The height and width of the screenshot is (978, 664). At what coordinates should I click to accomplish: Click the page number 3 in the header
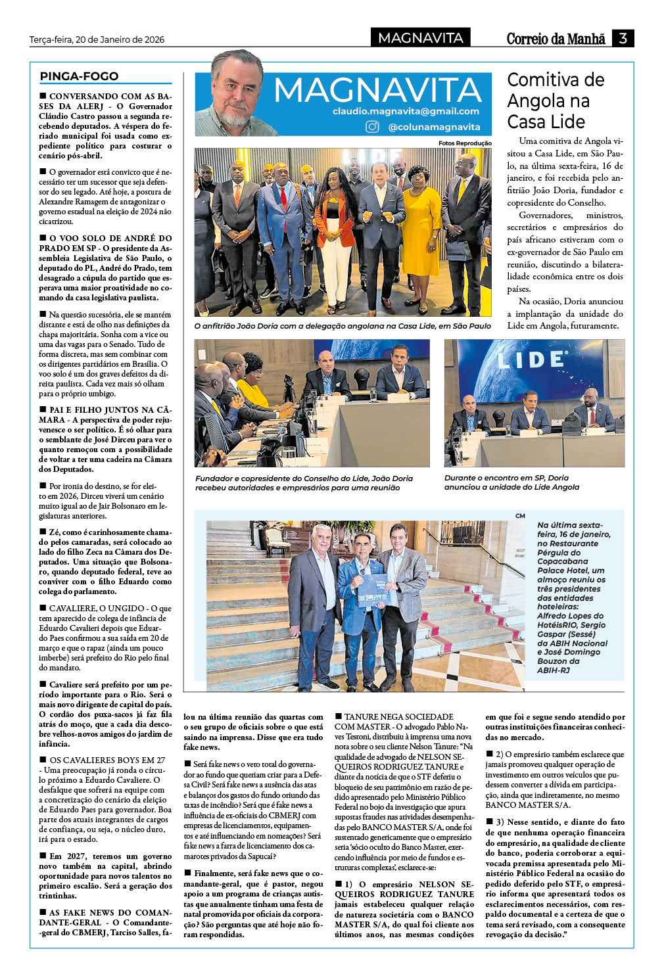pyautogui.click(x=622, y=38)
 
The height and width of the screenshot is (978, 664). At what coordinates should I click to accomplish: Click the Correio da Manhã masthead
pyautogui.click(x=556, y=39)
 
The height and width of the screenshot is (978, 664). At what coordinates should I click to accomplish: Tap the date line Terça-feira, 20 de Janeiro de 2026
pyautogui.click(x=97, y=39)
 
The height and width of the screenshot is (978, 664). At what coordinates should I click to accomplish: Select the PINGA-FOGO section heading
pyautogui.click(x=79, y=76)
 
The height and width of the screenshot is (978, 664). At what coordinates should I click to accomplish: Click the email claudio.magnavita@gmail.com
pyautogui.click(x=406, y=112)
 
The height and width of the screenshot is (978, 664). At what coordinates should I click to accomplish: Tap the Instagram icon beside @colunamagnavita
pyautogui.click(x=372, y=127)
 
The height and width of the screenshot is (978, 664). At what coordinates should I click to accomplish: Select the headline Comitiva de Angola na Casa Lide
pyautogui.click(x=556, y=101)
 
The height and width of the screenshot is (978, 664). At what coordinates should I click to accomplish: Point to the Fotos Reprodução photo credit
pyautogui.click(x=465, y=143)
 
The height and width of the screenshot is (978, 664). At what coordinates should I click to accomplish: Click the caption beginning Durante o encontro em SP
pyautogui.click(x=511, y=482)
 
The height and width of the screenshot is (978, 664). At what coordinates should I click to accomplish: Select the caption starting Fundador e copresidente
pyautogui.click(x=304, y=483)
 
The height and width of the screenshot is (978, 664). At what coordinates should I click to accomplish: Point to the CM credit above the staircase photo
pyautogui.click(x=520, y=516)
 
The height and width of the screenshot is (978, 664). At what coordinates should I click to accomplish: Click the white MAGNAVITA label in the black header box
pyautogui.click(x=421, y=38)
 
